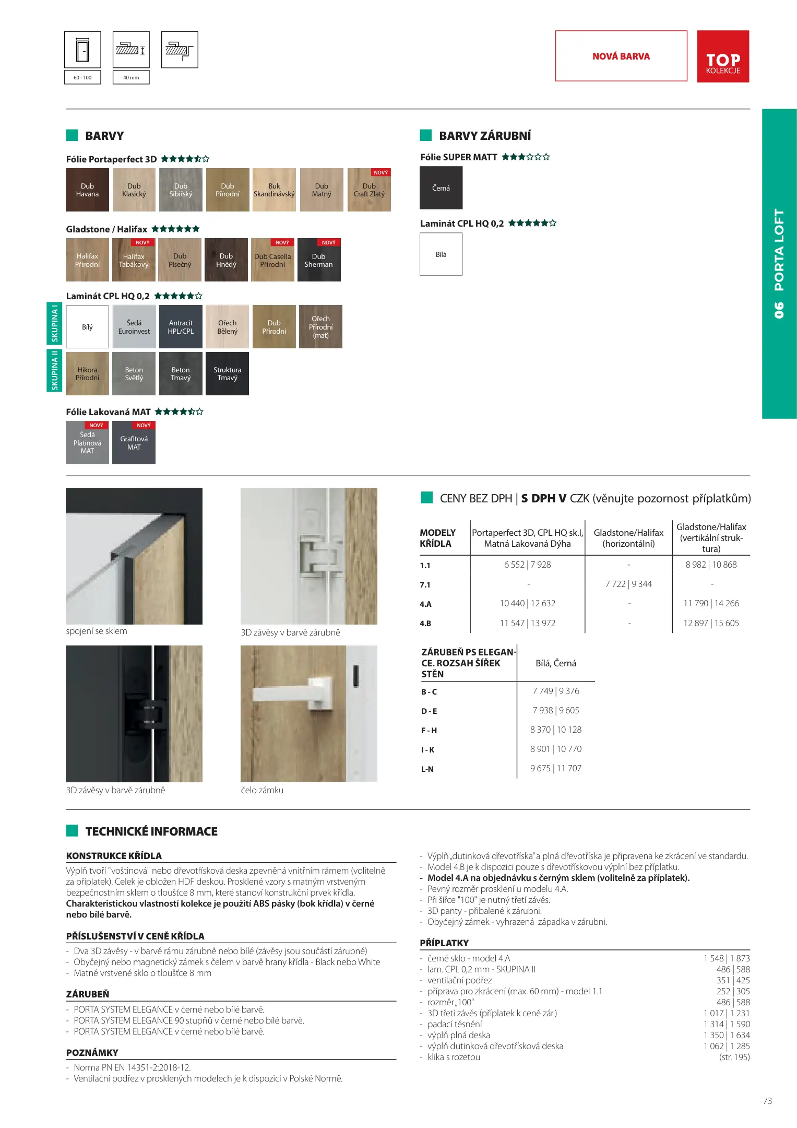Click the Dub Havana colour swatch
coord(87,190)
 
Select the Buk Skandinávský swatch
coord(274,190)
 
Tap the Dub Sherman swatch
coord(318,260)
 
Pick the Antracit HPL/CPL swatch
coord(181,327)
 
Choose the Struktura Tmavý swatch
coord(227,373)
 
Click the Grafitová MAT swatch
coord(134,443)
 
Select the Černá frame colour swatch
coord(441,188)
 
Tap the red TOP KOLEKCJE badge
coord(723,56)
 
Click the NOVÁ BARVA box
coord(621,56)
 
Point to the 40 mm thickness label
coord(131,77)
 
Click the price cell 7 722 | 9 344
coord(628,584)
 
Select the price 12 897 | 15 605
coord(711,623)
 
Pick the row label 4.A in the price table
coord(425,604)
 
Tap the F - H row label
coord(429,730)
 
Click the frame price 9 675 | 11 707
coord(555,768)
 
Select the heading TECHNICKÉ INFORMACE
coord(151,831)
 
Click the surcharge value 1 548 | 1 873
coord(726,958)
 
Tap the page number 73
coord(767,1101)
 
